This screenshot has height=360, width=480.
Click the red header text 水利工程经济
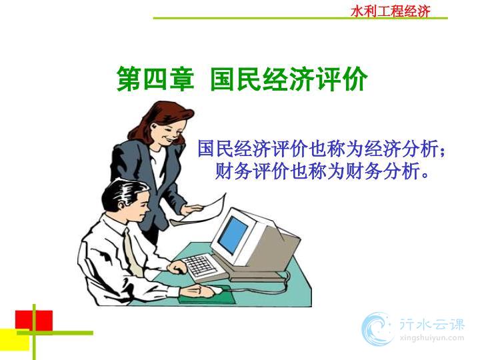(x=390, y=11)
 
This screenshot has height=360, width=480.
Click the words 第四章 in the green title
(x=155, y=79)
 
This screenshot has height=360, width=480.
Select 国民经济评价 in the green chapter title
(x=289, y=79)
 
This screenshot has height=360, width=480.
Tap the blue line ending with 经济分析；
(x=321, y=149)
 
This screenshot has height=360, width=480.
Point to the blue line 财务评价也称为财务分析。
(x=321, y=171)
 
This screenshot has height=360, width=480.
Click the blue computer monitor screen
(x=233, y=234)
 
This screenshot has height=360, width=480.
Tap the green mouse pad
(x=208, y=295)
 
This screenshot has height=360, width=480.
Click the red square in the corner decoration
(x=34, y=321)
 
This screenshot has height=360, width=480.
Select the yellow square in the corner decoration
(x=15, y=340)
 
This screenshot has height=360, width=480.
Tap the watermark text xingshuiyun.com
(x=431, y=338)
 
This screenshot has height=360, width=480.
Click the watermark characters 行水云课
(x=431, y=324)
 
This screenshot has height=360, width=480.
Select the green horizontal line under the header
(x=300, y=19)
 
